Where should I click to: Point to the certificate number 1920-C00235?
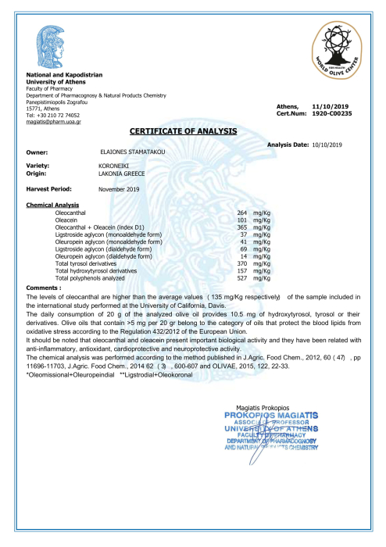pos(331,113)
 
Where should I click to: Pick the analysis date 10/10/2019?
pos(327,145)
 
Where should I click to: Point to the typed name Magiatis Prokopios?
pos(262,408)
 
